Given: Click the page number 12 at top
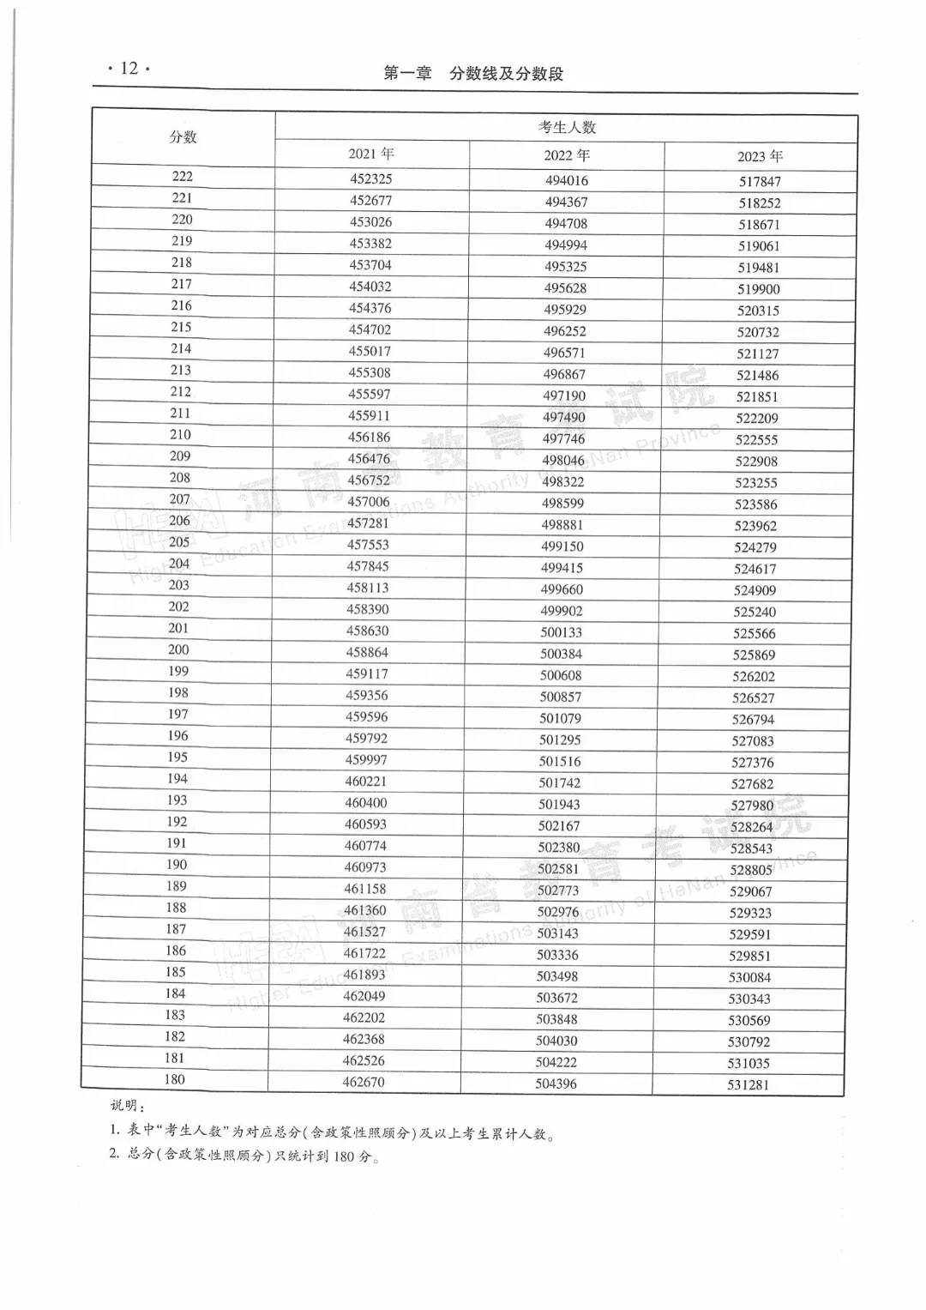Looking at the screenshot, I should [x=129, y=69].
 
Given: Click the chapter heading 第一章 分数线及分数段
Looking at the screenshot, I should [x=473, y=74].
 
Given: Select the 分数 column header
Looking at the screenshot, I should [x=183, y=137].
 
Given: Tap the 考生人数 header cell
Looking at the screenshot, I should [x=567, y=127].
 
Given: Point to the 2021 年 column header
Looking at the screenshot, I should [x=371, y=154].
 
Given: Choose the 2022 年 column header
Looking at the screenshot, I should [x=567, y=155].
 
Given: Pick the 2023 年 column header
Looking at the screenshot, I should [x=760, y=156].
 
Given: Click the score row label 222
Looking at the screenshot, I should [x=183, y=177].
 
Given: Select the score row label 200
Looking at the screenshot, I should [x=178, y=649].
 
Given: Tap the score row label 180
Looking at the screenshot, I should [x=175, y=1079].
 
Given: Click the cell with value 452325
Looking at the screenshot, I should [x=370, y=179].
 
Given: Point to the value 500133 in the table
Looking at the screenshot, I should [x=562, y=632].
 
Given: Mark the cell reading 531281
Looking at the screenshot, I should [x=749, y=1085].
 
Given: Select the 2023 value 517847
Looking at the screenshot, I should [x=760, y=182].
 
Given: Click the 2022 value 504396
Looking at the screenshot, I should [x=556, y=1084].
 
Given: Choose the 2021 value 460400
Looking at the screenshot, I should [x=366, y=803].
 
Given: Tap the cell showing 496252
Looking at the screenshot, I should [x=565, y=331].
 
